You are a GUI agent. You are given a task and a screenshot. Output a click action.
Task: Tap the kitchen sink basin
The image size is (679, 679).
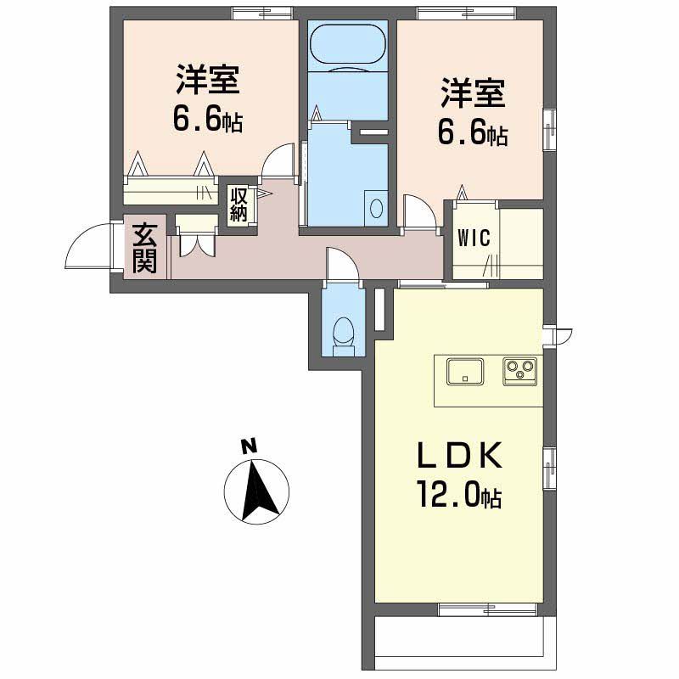(x=465, y=371)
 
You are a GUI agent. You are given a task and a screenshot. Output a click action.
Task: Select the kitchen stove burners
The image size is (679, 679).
(x=519, y=370)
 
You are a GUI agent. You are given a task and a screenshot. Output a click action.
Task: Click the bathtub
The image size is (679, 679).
(x=348, y=48)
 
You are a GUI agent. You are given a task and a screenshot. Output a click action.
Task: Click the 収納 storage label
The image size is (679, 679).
(x=237, y=204)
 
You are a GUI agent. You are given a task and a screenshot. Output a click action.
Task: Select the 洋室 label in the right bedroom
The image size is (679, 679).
(x=472, y=93)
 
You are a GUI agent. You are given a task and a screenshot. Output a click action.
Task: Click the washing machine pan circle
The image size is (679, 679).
(x=374, y=209)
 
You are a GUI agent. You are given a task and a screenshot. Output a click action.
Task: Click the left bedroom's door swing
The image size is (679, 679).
(x=278, y=162)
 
